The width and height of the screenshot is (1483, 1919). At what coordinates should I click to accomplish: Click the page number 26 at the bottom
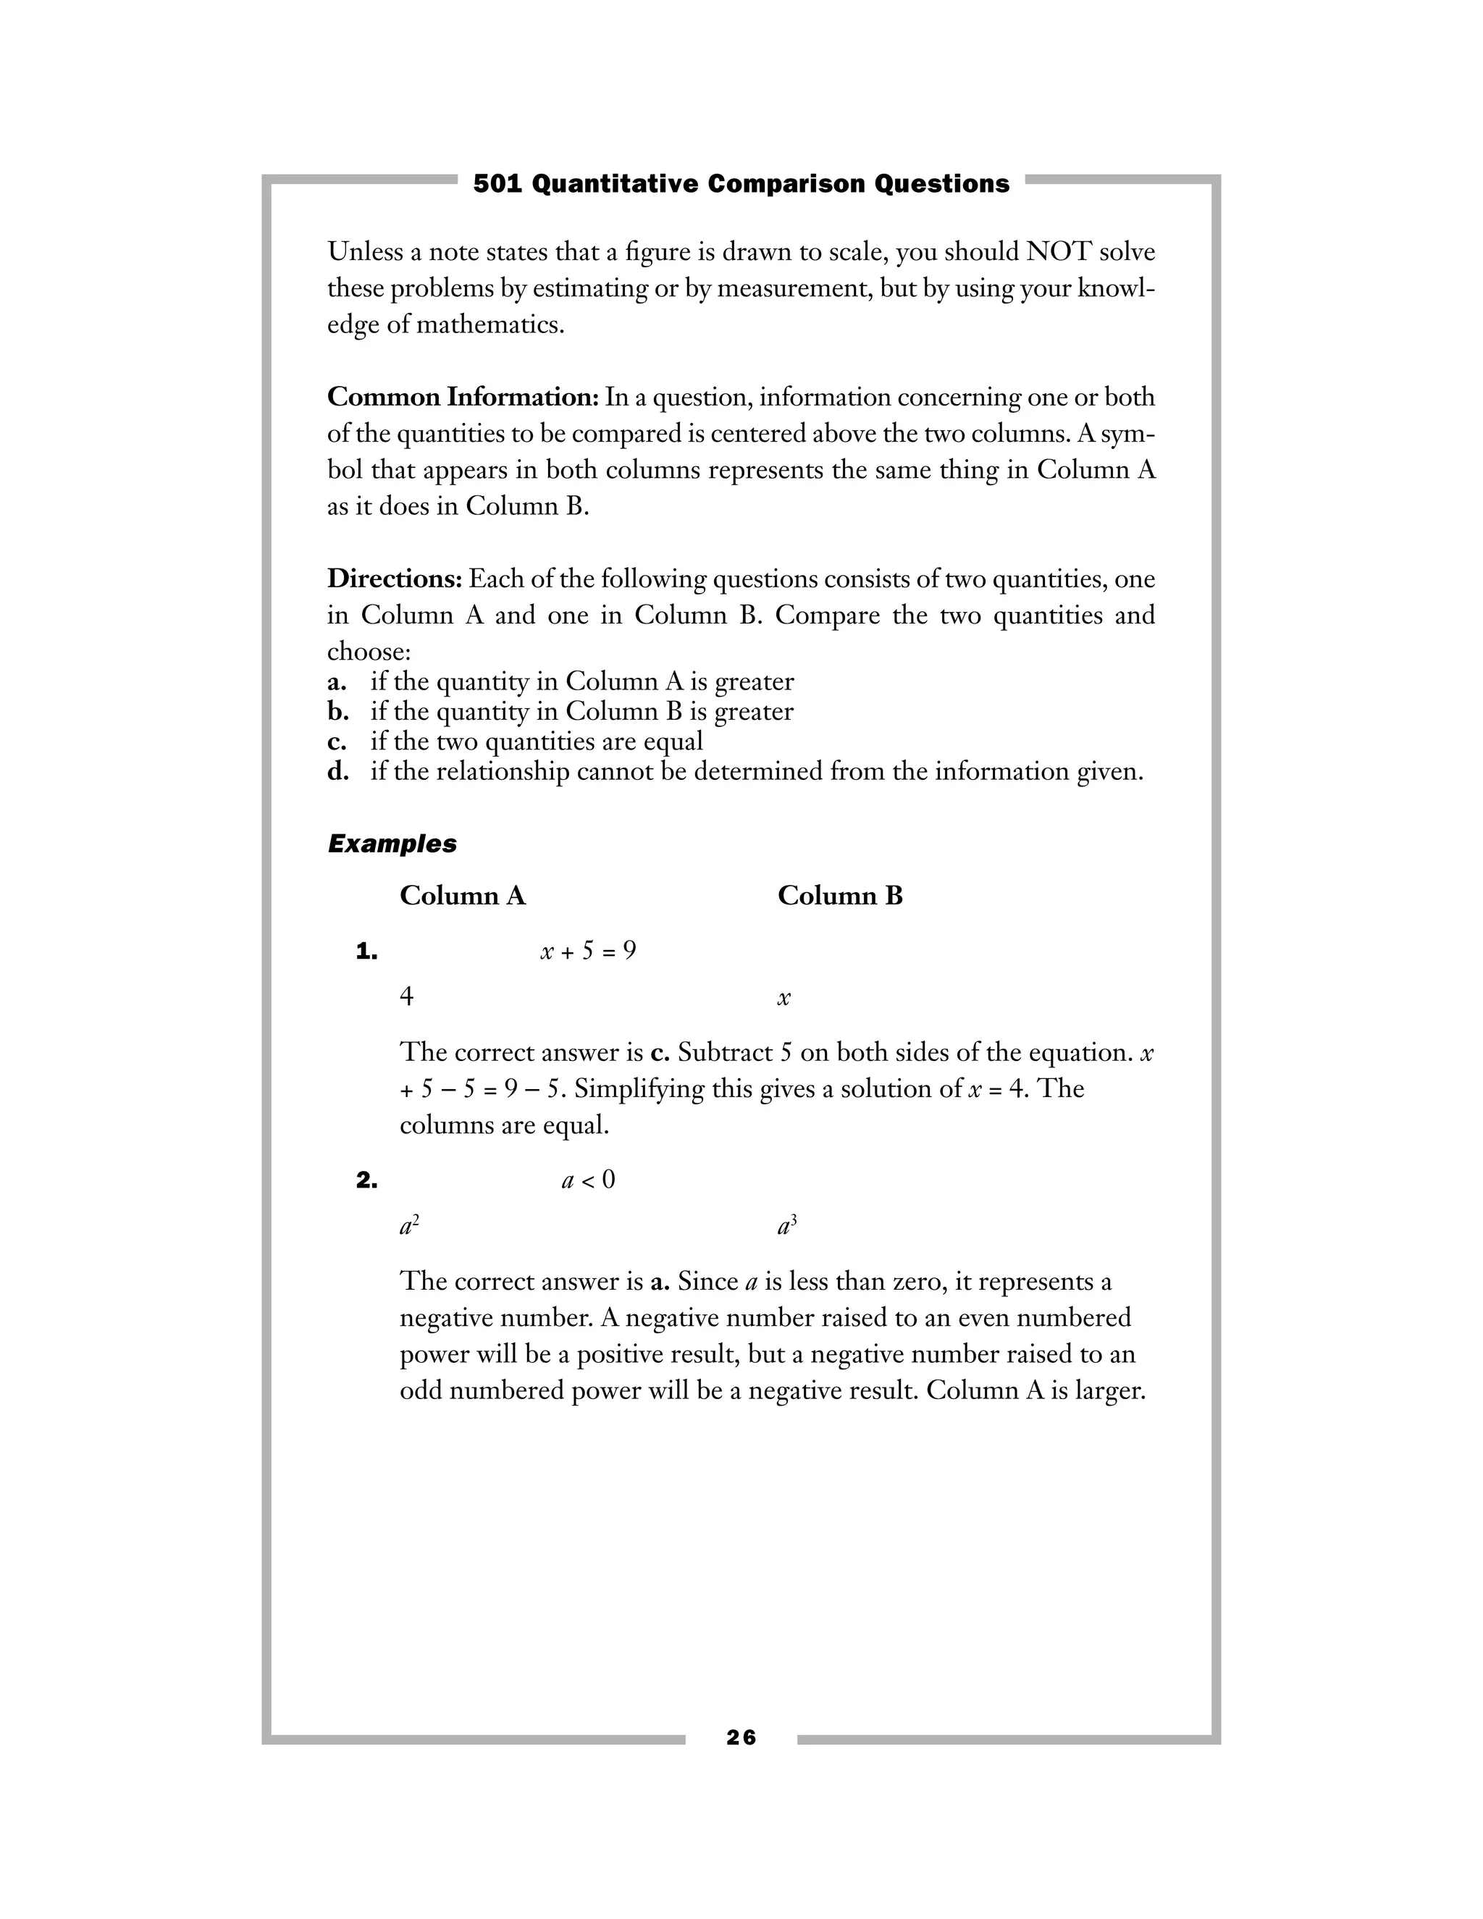(741, 1737)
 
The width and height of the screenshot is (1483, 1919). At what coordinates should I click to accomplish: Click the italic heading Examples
(392, 844)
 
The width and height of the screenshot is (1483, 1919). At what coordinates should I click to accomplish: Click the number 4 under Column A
(406, 996)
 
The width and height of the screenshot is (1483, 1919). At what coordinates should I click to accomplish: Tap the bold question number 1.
(366, 952)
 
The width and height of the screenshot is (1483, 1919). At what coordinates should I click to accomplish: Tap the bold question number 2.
(366, 1180)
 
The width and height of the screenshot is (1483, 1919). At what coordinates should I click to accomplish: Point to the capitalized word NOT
(1058, 252)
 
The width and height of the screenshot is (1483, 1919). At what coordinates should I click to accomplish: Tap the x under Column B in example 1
(783, 998)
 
